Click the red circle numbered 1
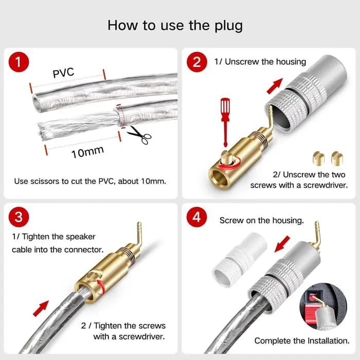tap(19, 62)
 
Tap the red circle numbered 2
tap(197, 62)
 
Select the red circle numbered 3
tap(19, 217)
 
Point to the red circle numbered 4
tap(196, 217)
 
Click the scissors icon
tap(139, 135)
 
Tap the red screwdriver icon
tap(225, 122)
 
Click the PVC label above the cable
tap(63, 73)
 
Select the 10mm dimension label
tap(87, 152)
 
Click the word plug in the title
tap(228, 26)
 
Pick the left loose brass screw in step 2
tap(318, 158)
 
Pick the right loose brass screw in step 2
tap(337, 158)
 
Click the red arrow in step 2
tap(275, 86)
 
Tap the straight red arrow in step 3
tap(41, 309)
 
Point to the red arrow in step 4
tap(282, 244)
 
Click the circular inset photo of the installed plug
tap(323, 307)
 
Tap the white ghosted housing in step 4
tap(240, 259)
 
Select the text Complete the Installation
tap(302, 340)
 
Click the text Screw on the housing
tap(262, 221)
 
